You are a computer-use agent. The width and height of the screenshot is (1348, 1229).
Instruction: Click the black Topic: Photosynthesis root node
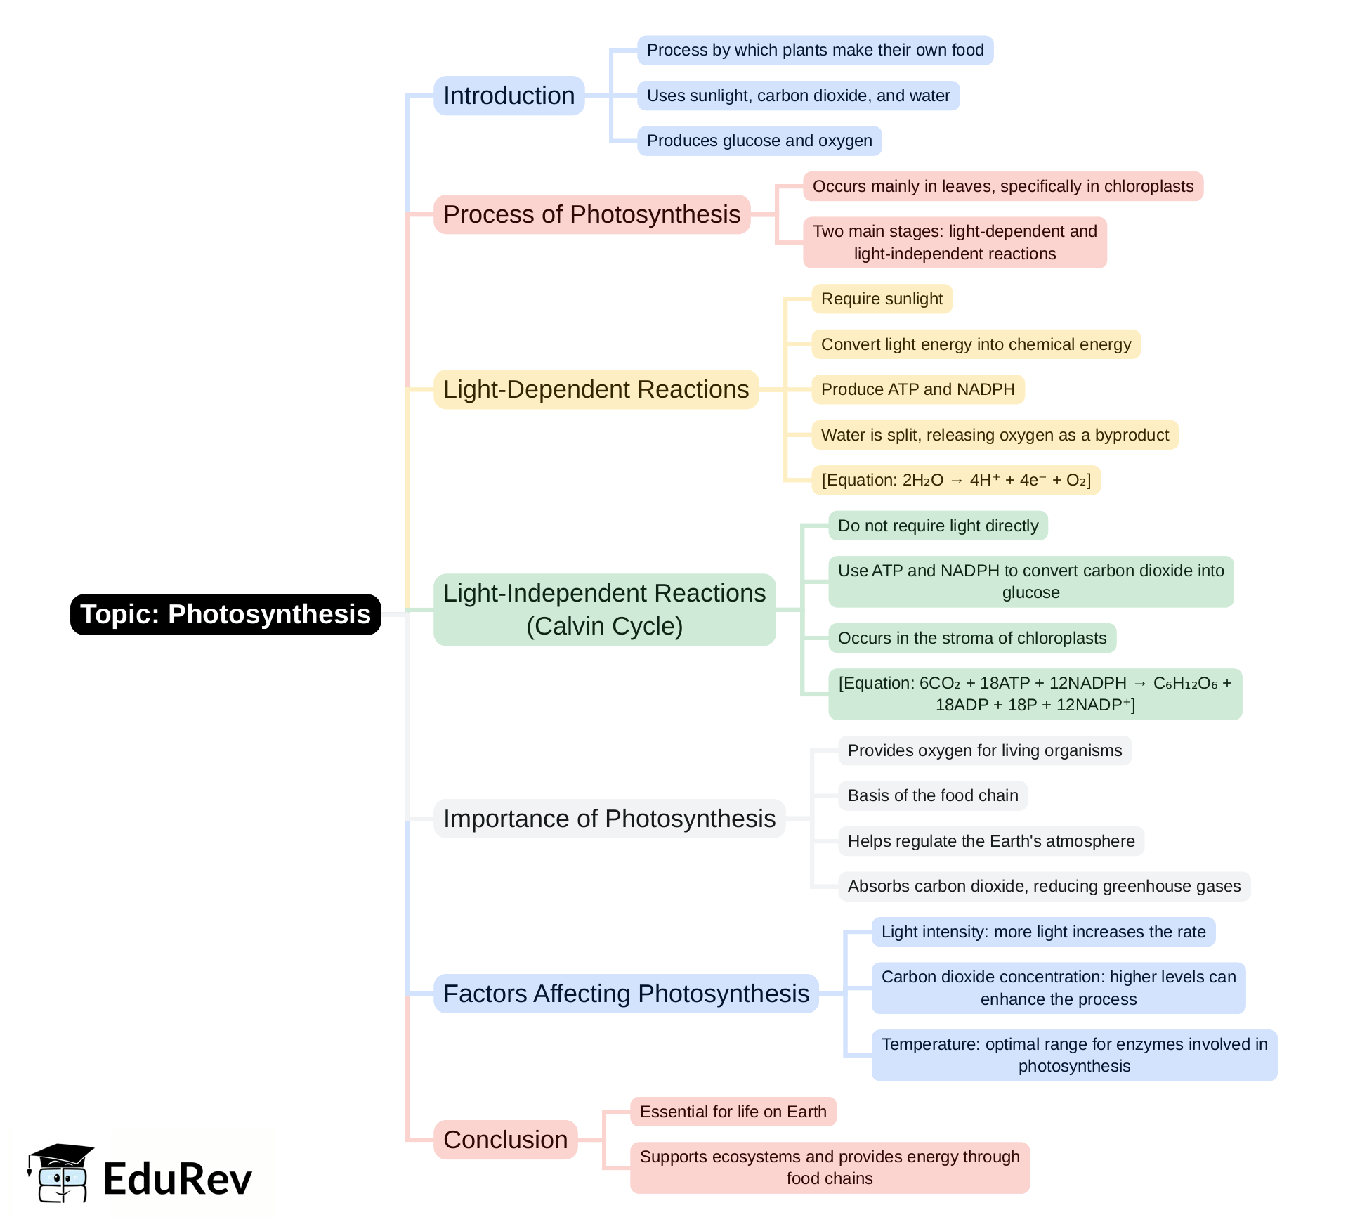(225, 614)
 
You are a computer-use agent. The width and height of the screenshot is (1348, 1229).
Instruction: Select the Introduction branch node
(509, 96)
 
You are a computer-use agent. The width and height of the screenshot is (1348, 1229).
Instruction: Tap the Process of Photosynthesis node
(591, 214)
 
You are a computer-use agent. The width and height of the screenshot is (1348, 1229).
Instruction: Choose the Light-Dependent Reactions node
(596, 389)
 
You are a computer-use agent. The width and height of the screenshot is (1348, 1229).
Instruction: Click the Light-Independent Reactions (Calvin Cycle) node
(604, 609)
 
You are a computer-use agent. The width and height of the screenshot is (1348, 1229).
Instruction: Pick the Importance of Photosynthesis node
(609, 819)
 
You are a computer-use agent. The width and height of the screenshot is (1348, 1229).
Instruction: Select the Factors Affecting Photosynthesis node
(626, 994)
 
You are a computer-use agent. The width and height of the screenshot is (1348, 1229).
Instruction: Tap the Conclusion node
(505, 1140)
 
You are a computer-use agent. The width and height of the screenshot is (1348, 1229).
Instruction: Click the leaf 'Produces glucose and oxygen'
(759, 141)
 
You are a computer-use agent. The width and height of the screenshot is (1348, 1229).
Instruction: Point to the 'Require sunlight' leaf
(882, 299)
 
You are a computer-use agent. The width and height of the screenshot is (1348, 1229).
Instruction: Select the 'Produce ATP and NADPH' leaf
(917, 389)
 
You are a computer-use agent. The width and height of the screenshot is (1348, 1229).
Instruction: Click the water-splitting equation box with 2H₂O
(955, 480)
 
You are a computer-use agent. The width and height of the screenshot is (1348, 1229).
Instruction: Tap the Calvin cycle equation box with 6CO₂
(1035, 694)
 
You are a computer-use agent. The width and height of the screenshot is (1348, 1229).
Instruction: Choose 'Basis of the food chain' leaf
(932, 795)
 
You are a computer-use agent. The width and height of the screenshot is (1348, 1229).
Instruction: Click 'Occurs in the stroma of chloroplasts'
(971, 638)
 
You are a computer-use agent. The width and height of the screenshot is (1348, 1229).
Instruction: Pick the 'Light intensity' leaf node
(1043, 932)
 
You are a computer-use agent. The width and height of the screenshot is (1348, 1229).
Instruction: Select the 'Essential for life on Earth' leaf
(733, 1112)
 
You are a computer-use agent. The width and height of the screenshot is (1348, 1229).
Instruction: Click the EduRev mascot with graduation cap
(60, 1173)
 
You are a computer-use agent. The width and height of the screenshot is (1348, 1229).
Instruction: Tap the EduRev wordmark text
(177, 1179)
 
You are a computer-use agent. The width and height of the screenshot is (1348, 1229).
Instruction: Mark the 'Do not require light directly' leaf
(938, 526)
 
